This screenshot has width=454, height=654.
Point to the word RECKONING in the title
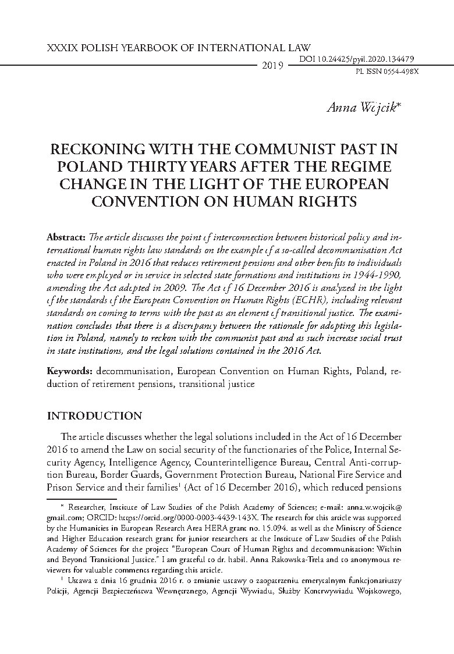(x=95, y=150)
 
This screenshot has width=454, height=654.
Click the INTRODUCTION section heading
(x=94, y=416)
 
